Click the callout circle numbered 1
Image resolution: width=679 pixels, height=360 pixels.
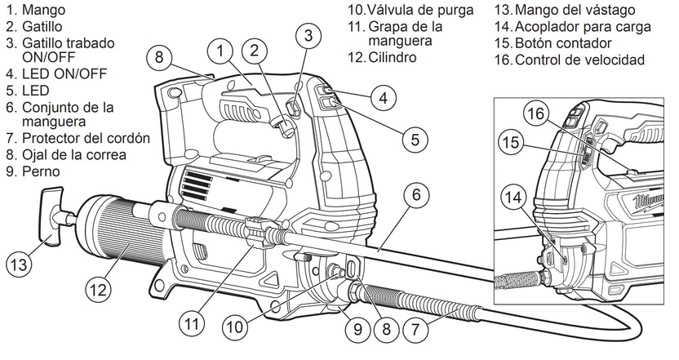click(x=220, y=51)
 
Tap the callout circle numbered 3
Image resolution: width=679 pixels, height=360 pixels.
click(x=308, y=35)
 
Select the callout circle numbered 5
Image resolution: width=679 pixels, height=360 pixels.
click(x=415, y=139)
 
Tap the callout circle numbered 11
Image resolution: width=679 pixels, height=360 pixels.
click(x=191, y=322)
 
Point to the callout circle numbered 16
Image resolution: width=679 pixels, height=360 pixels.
click(x=534, y=113)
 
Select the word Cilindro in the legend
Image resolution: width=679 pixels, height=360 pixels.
click(x=391, y=58)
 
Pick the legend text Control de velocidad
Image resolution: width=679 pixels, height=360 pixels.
click(x=580, y=60)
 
